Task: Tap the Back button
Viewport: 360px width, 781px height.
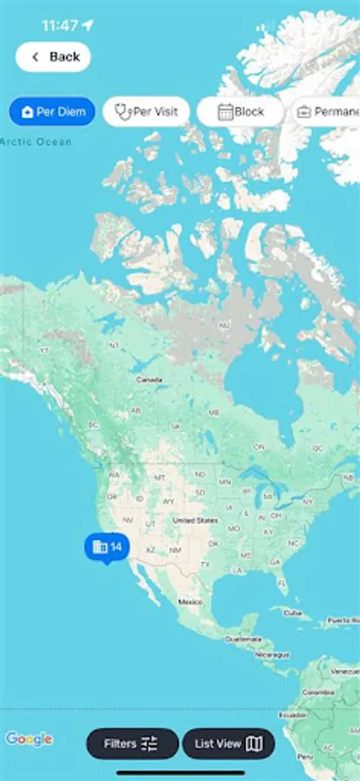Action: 54,57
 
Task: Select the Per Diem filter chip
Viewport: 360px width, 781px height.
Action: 51,112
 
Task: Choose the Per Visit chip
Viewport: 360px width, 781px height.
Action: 146,112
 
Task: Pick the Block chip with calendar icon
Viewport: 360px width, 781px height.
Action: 240,112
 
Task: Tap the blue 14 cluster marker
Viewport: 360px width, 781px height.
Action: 107,547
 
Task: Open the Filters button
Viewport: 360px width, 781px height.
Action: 132,744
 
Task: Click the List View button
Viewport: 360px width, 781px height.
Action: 228,744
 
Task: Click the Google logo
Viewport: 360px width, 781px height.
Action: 29,739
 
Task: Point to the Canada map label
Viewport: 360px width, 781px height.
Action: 150,380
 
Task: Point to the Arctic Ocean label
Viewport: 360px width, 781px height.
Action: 36,141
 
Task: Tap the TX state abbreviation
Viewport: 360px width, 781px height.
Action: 206,565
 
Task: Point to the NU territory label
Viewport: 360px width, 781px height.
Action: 225,325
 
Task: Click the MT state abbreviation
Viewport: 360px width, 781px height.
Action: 159,477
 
